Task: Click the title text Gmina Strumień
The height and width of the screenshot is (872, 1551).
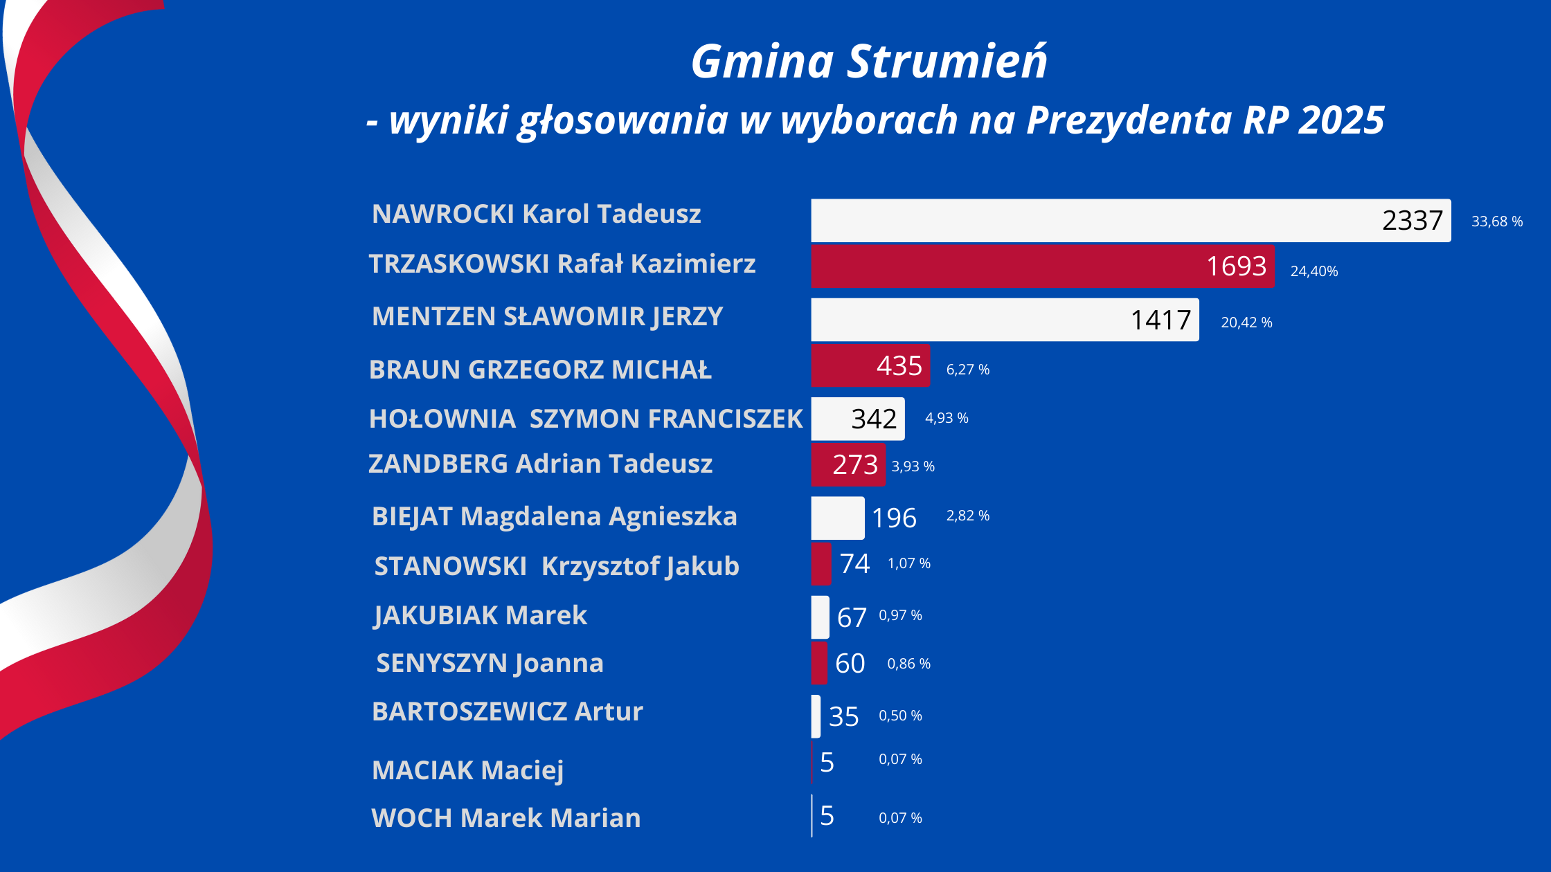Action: click(869, 62)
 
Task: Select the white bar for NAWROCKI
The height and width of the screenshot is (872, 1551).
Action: click(1094, 221)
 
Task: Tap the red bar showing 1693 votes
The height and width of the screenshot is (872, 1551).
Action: click(1004, 266)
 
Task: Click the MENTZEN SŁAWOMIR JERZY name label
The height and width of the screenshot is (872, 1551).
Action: click(547, 316)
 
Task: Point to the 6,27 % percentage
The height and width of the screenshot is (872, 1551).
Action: click(967, 370)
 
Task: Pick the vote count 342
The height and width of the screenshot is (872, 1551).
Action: click(874, 419)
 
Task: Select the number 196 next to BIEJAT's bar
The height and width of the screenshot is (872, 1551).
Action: click(894, 518)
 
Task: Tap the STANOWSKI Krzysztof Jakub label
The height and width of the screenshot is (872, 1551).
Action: click(557, 566)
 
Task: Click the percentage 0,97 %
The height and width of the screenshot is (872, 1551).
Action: click(900, 615)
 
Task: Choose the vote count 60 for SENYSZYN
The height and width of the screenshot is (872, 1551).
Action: click(850, 663)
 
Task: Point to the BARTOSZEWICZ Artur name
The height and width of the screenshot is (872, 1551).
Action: click(508, 711)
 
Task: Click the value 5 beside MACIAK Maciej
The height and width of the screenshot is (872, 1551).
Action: click(827, 762)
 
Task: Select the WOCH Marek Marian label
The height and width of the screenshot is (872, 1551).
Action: click(506, 818)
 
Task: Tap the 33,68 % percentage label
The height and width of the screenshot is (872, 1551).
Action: click(1496, 221)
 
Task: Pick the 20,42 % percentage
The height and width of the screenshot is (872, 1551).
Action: click(1246, 323)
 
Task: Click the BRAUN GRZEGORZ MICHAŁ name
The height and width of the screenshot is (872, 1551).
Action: click(540, 370)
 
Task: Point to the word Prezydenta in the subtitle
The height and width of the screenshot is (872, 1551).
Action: click(1129, 121)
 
